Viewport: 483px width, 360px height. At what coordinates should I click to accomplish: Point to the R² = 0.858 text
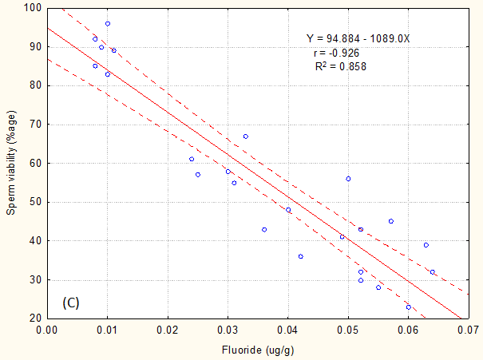(x=341, y=67)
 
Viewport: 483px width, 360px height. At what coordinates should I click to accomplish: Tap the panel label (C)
(x=70, y=303)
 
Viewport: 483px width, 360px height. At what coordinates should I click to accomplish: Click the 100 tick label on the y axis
(x=32, y=8)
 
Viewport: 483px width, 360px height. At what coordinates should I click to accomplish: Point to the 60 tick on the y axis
(x=34, y=163)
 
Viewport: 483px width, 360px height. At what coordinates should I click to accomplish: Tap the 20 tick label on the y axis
(x=34, y=318)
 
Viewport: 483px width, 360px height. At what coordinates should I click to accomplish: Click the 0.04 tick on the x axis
(x=288, y=329)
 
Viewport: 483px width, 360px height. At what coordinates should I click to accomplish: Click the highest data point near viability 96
(x=108, y=24)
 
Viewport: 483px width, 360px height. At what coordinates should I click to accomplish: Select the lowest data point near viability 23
(x=408, y=307)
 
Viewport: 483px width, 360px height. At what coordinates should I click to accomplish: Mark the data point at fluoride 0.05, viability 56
(x=348, y=179)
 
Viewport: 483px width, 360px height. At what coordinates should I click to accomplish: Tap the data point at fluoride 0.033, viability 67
(x=246, y=136)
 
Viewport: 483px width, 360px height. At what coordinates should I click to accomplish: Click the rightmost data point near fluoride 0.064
(x=433, y=272)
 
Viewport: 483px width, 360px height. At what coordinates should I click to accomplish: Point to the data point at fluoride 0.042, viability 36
(x=300, y=256)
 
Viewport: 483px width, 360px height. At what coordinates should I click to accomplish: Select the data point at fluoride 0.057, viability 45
(x=390, y=221)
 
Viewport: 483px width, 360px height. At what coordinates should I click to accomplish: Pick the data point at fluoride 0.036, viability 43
(x=264, y=229)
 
